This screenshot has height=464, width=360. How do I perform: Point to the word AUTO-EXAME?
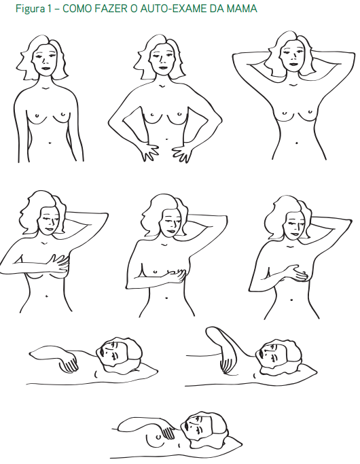tap(173, 9)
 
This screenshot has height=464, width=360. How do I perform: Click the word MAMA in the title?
tap(242, 9)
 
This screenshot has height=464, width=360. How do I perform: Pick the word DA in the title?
tap(217, 9)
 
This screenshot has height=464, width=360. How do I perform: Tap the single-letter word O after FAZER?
tap(132, 9)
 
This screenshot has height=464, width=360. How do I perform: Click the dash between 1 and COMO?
tap(57, 10)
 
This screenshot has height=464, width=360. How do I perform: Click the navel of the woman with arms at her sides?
tap(50, 143)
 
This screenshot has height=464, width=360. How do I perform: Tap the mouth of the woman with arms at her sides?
tap(46, 68)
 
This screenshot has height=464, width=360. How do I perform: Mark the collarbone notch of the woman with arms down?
tap(45, 88)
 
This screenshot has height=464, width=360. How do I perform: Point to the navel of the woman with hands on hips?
tap(166, 139)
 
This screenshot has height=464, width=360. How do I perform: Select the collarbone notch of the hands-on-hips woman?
tap(162, 86)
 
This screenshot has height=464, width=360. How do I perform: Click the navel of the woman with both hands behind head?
tap(297, 143)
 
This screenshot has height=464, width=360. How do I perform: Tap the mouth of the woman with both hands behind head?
tap(293, 65)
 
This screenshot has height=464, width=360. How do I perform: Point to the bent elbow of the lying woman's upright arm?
tap(211, 331)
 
